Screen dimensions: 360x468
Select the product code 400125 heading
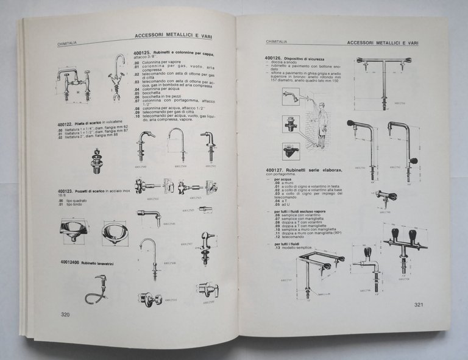(144, 54)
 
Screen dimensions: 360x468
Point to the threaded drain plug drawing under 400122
(96, 159)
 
